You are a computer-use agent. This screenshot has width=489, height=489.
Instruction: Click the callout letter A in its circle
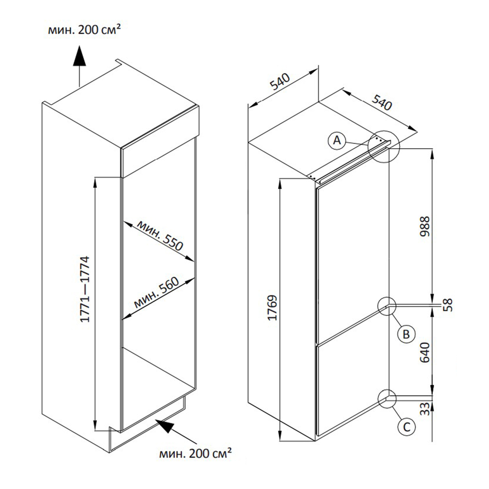pos(336,140)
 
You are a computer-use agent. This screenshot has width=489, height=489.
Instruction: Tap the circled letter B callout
pos(405,334)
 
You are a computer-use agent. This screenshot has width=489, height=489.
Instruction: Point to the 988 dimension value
pos(425,226)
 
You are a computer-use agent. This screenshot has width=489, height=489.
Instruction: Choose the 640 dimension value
pos(424,352)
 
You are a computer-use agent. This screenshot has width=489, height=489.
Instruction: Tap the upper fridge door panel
pos(352,254)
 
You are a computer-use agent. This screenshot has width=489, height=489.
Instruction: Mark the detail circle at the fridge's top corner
pos(384,147)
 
